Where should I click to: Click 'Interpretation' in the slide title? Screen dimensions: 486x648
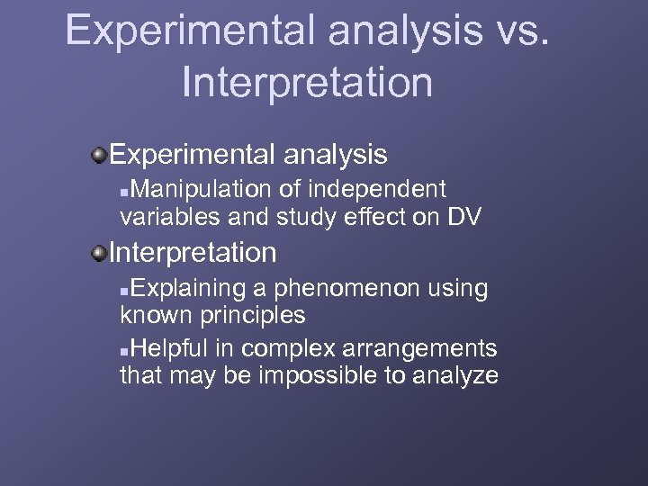tap(307, 81)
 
